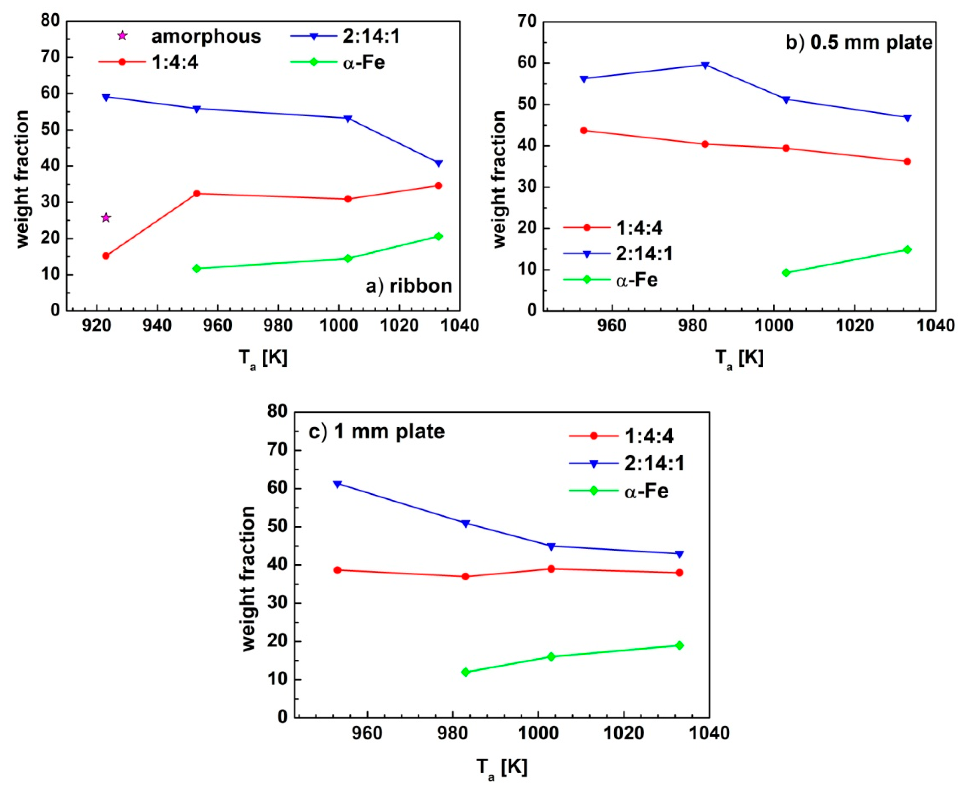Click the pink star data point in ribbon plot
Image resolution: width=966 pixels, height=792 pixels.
click(106, 217)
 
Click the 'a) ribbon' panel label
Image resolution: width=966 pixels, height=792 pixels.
click(409, 286)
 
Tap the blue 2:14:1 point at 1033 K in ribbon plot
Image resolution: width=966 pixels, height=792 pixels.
click(438, 163)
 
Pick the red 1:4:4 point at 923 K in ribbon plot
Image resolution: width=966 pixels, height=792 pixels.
click(106, 256)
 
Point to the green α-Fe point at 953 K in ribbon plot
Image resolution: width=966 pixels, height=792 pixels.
click(197, 268)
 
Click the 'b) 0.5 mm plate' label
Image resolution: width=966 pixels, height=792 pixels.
click(859, 43)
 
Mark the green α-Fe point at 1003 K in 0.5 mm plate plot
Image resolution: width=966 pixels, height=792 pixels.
click(786, 273)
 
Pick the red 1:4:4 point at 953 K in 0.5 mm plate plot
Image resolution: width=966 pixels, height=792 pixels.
click(584, 131)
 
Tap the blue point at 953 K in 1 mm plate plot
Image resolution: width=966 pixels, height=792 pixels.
click(337, 484)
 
